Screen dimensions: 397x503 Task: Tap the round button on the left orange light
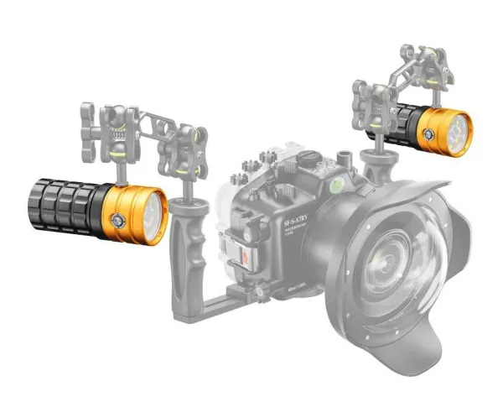120,217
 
